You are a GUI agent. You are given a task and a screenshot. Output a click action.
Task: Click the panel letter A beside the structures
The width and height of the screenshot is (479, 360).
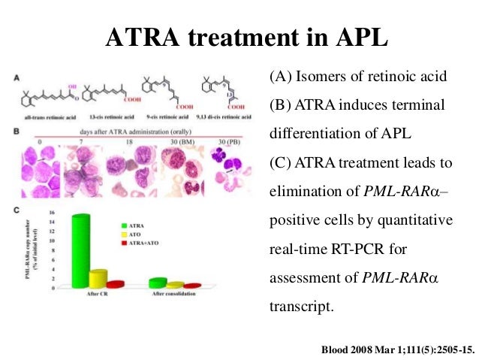[x=17, y=76]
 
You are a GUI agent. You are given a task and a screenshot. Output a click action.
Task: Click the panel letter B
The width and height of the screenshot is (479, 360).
[x=17, y=132]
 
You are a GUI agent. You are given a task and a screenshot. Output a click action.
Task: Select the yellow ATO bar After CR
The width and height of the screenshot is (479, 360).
[x=98, y=278]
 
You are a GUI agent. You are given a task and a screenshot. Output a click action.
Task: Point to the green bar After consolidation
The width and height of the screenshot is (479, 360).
[x=158, y=283]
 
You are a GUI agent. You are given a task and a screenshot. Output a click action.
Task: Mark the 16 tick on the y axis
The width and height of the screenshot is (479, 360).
[x=52, y=213]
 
